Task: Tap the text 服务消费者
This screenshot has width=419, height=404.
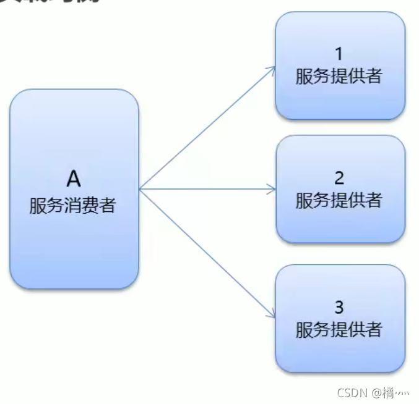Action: (x=73, y=206)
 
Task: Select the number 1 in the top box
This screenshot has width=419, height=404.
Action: (x=339, y=54)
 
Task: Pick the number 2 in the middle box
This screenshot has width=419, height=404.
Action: (x=339, y=178)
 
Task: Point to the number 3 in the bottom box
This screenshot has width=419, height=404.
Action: (x=339, y=307)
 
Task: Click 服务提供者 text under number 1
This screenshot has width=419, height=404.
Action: (x=339, y=77)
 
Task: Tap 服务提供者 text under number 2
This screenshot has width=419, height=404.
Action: (x=339, y=201)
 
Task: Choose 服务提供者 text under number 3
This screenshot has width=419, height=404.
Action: (x=339, y=330)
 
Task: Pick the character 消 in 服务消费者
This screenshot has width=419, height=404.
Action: (x=73, y=206)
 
